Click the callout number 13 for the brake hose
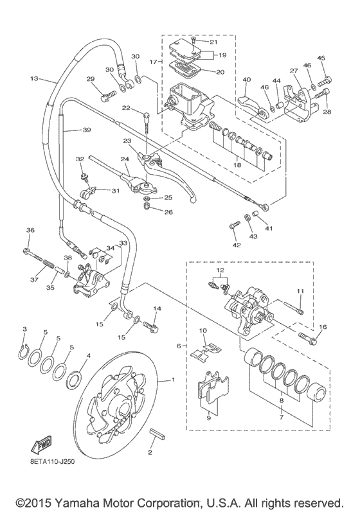pyautogui.click(x=34, y=80)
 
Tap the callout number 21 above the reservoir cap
pyautogui.click(x=214, y=42)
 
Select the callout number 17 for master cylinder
pyautogui.click(x=153, y=62)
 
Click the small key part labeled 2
pyautogui.click(x=157, y=435)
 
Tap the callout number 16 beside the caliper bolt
pyautogui.click(x=322, y=327)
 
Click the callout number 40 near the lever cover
pyautogui.click(x=246, y=80)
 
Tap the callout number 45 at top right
pyautogui.click(x=321, y=58)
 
